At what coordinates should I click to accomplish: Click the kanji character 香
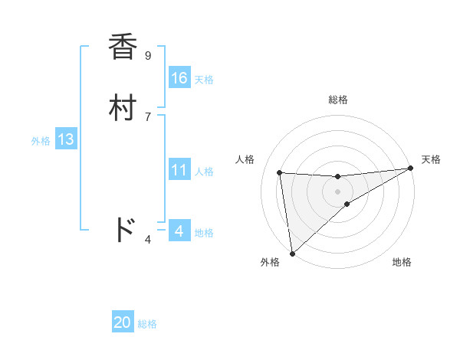click(123, 47)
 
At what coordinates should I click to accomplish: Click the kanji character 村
click(123, 108)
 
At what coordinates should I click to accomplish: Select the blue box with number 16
click(179, 78)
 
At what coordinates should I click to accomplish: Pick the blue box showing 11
click(179, 171)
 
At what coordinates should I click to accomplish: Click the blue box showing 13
click(65, 140)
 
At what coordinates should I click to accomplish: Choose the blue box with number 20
click(123, 323)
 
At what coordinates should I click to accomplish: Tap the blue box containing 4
click(179, 231)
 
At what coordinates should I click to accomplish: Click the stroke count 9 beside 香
click(147, 55)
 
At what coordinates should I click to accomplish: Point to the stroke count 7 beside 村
click(147, 116)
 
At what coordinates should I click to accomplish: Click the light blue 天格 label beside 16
click(204, 80)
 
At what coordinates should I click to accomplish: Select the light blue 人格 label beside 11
click(204, 172)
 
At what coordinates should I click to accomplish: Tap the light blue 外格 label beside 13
click(41, 141)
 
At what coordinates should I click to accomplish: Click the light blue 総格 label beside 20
click(147, 325)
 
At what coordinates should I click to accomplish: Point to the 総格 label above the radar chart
click(338, 100)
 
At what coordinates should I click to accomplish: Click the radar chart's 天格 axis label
click(431, 159)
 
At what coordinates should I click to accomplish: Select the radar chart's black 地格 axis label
click(402, 262)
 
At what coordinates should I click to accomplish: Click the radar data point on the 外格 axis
click(292, 254)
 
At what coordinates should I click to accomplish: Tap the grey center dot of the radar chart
click(338, 191)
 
